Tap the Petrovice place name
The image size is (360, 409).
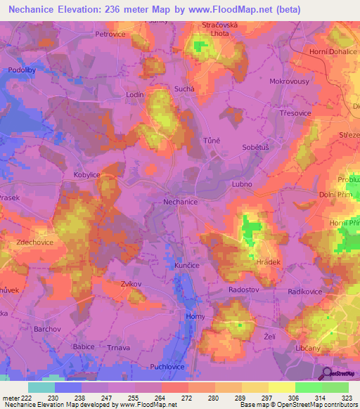point(115,33)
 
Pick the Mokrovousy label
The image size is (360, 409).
point(288,81)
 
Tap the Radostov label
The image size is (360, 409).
point(245,290)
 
